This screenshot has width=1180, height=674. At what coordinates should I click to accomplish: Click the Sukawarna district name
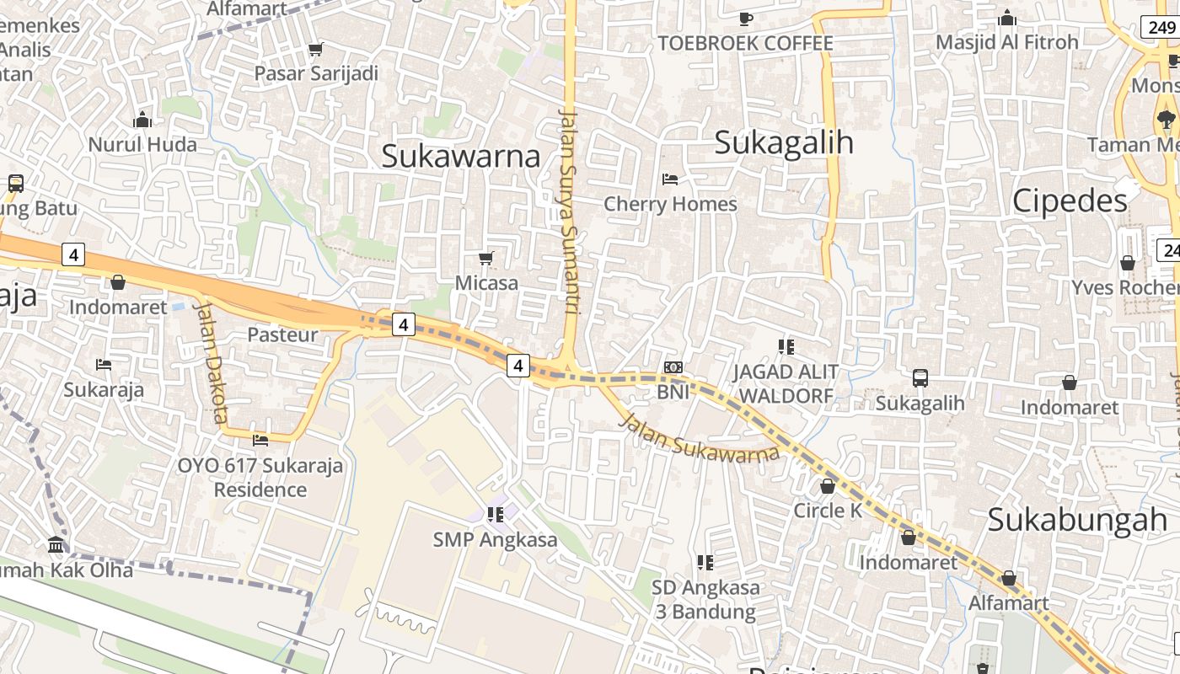click(460, 156)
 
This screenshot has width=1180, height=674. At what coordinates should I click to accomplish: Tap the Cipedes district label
click(1069, 201)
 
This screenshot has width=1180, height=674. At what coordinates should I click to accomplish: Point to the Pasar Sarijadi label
click(316, 73)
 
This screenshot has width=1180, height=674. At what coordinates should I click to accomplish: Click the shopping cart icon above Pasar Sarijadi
click(315, 50)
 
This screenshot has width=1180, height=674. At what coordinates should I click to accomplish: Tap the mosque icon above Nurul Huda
click(142, 120)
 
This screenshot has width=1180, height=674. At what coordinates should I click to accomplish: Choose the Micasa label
click(486, 283)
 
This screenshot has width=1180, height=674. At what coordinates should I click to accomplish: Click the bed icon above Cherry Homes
click(670, 179)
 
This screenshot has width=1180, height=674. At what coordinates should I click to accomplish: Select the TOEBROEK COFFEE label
click(745, 43)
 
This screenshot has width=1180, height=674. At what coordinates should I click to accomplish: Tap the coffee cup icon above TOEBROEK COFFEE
click(745, 19)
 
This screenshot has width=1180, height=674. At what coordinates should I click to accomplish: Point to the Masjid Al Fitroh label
click(1006, 42)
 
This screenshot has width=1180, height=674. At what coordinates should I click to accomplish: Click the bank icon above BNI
click(673, 367)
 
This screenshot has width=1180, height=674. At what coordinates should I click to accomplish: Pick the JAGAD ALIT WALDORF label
click(786, 383)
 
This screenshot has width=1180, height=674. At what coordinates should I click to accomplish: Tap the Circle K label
click(828, 511)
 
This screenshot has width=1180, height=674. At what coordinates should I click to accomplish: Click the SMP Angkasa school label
click(495, 539)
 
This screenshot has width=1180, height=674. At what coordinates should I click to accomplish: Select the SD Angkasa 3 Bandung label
click(705, 599)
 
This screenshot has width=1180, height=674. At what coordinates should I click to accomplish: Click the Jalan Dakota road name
click(212, 362)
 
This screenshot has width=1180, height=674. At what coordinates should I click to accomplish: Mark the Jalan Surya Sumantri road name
click(570, 211)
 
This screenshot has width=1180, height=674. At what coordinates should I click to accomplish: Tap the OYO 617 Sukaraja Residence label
click(260, 477)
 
